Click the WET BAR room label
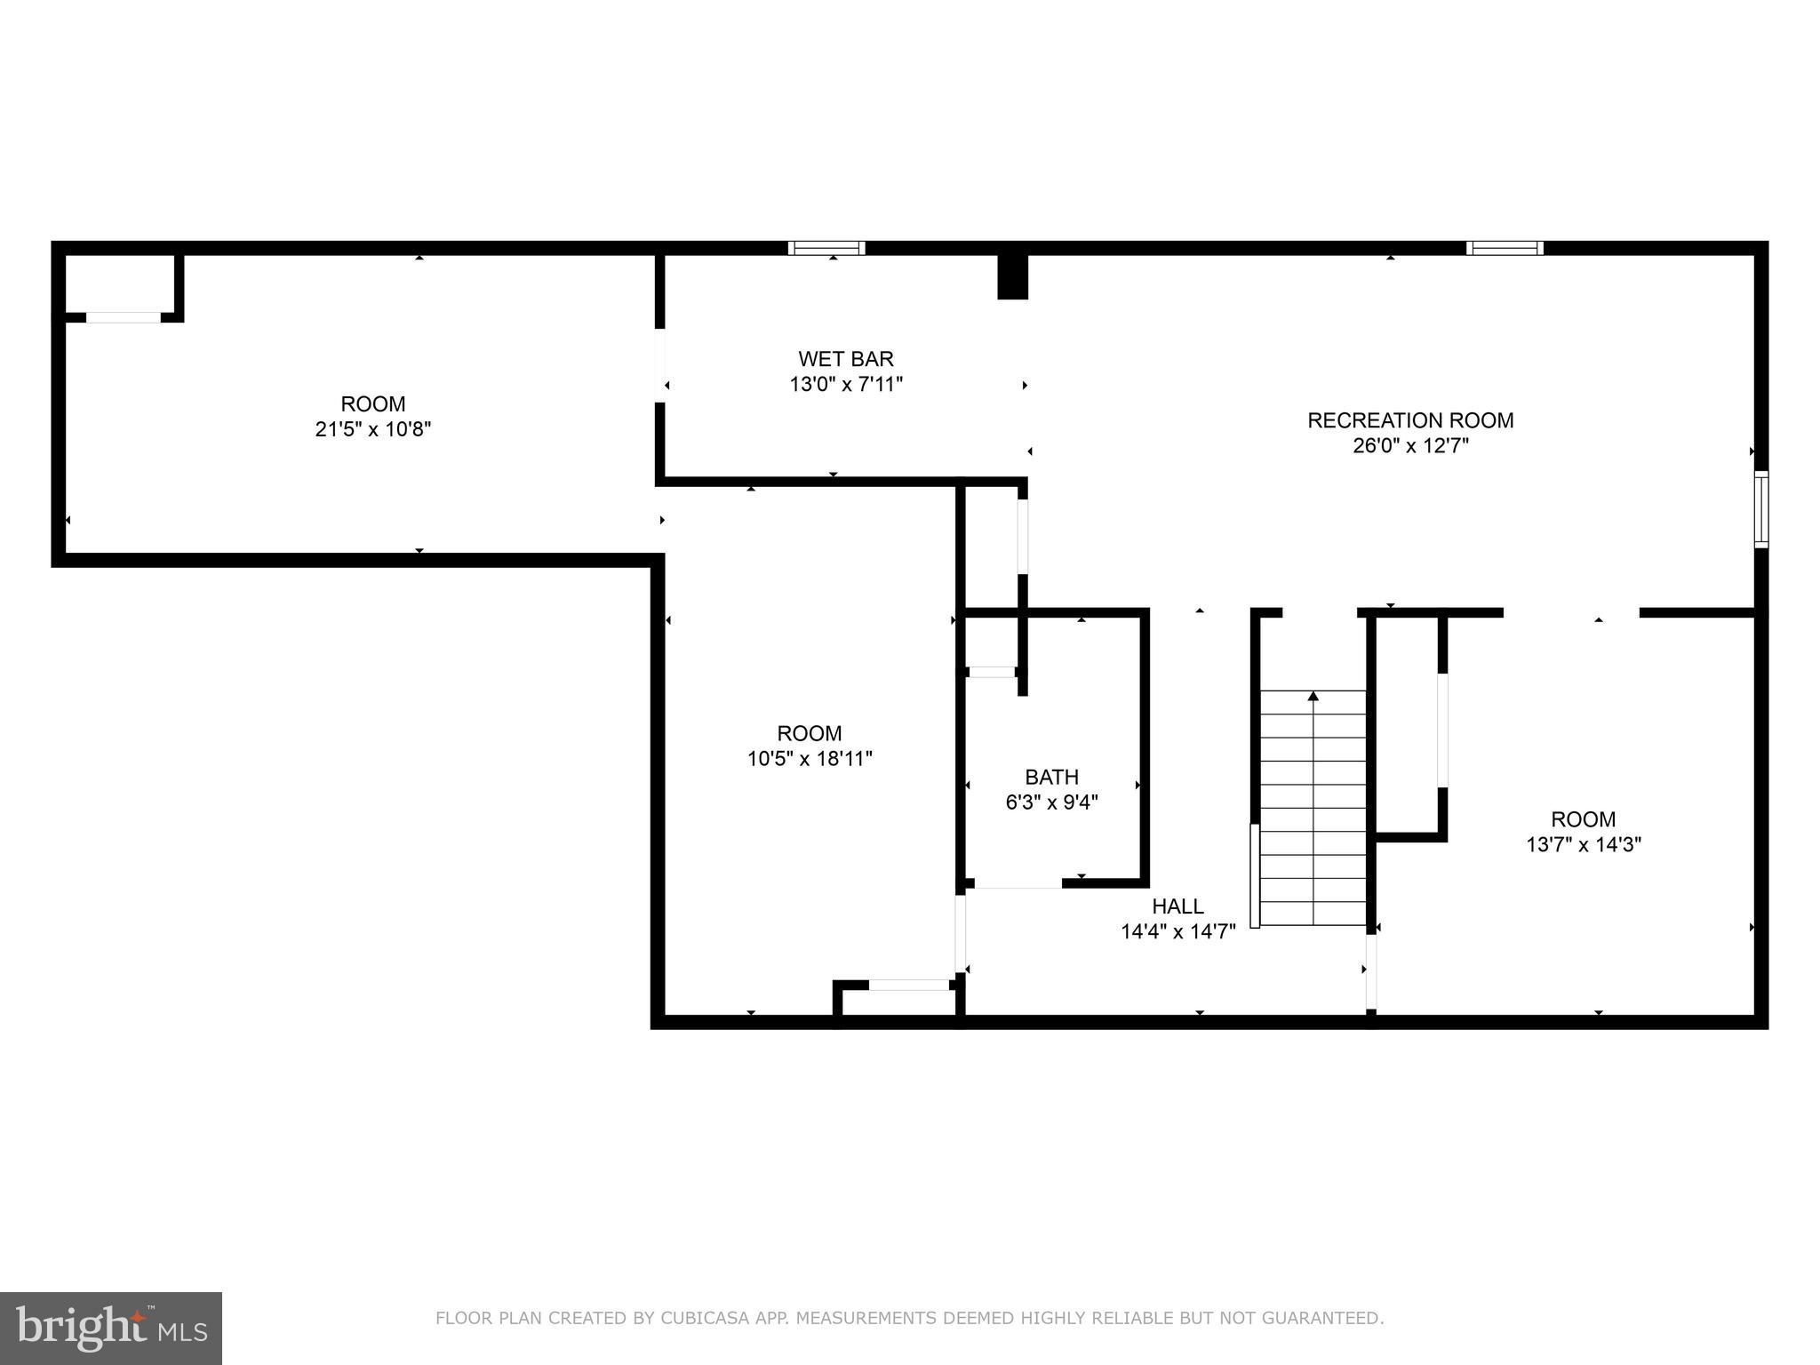[845, 359]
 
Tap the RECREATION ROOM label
[1409, 420]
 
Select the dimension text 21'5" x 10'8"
[373, 429]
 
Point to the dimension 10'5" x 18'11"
[810, 759]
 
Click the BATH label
[1051, 778]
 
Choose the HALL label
[1177, 906]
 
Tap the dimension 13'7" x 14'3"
[1583, 845]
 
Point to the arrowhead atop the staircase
[1313, 697]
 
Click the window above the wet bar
[826, 248]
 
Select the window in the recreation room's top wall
[1504, 248]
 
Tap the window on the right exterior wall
[1760, 509]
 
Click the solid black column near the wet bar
[1012, 276]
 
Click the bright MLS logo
[110, 1328]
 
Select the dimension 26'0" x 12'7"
[1409, 446]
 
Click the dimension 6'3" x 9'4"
[1051, 803]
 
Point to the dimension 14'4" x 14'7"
[1177, 932]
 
